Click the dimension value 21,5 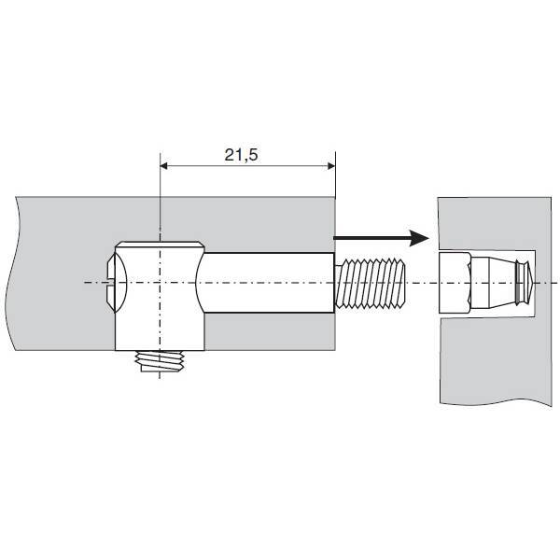241,155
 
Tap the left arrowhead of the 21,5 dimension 164,166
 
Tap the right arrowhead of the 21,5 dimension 331,166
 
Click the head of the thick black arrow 419,238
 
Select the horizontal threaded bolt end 370,283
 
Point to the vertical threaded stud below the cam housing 160,361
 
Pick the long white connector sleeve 266,283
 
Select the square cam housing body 160,297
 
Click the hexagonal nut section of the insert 455,283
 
